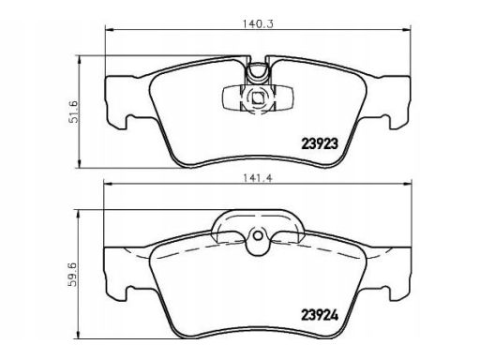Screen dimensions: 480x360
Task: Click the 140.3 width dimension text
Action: coord(258,24)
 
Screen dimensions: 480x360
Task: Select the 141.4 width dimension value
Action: coord(258,178)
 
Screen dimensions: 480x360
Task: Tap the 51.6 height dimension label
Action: coord(75,112)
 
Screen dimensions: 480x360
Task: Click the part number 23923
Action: coord(320,143)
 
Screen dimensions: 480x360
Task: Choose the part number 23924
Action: coord(320,315)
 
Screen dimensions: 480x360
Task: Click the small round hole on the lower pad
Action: coord(258,236)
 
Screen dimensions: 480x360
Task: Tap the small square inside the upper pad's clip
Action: coord(258,98)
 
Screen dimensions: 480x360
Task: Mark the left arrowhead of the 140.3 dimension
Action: coord(109,30)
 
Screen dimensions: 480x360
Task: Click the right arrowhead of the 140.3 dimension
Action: coord(407,30)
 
